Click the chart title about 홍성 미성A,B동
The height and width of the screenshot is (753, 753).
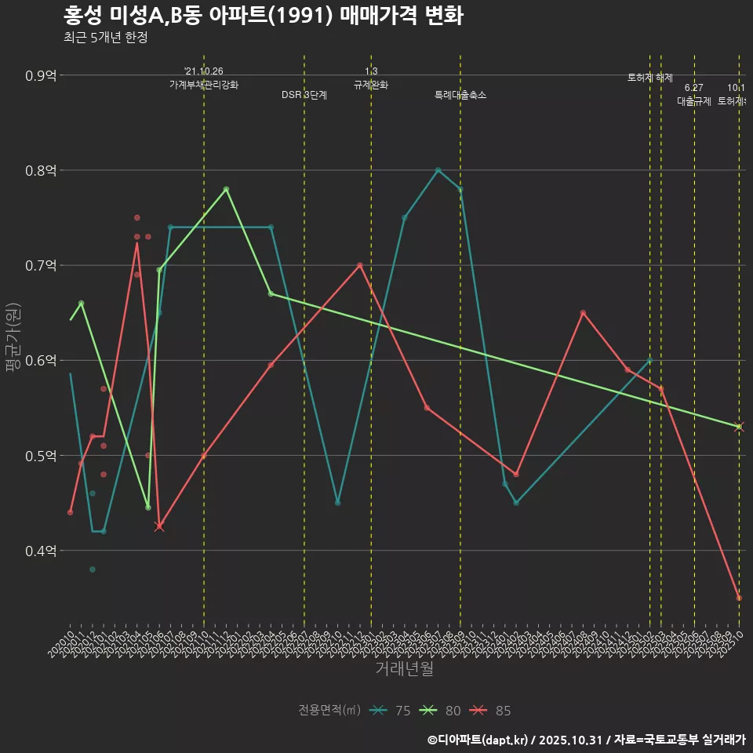coord(262,16)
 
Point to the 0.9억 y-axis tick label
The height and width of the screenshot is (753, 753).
coord(41,76)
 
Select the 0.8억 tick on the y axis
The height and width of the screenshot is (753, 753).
coord(41,171)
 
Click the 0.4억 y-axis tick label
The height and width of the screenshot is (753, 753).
coord(41,551)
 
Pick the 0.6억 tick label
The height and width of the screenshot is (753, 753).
coord(41,361)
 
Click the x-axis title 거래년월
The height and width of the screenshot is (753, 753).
coord(404,669)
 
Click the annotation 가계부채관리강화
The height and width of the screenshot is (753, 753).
coord(204,85)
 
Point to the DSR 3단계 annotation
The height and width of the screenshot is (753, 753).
coord(304,95)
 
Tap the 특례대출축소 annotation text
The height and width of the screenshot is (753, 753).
coord(460,95)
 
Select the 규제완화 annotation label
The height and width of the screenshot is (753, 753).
coord(371,85)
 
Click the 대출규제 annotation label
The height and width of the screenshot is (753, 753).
coord(694,101)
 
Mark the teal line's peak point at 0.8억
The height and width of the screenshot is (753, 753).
coord(438,170)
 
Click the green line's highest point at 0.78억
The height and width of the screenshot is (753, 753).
coord(226,189)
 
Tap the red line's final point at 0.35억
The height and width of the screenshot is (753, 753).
coord(739,598)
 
